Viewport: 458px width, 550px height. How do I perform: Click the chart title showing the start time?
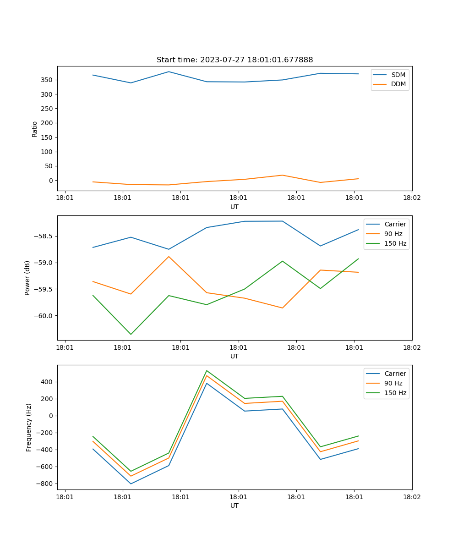click(x=234, y=60)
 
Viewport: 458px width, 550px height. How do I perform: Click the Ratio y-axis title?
click(x=35, y=129)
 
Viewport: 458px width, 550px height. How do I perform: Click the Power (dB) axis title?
click(x=27, y=278)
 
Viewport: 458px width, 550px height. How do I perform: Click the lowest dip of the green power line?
click(x=131, y=334)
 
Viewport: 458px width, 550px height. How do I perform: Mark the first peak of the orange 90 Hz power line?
click(x=169, y=257)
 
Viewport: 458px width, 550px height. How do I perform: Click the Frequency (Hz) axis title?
click(x=29, y=427)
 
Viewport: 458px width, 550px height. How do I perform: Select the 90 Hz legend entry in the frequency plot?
click(x=393, y=383)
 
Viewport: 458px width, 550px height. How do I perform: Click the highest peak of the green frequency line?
click(x=207, y=371)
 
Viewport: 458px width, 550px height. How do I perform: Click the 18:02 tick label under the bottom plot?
click(x=412, y=497)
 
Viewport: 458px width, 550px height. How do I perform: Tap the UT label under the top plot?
click(x=234, y=207)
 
